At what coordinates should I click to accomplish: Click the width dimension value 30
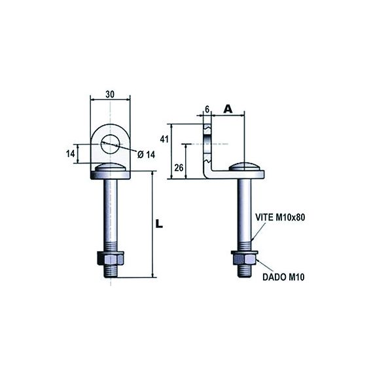110,94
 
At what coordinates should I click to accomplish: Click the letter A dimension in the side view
228,109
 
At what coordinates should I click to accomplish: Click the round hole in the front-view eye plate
110,139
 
